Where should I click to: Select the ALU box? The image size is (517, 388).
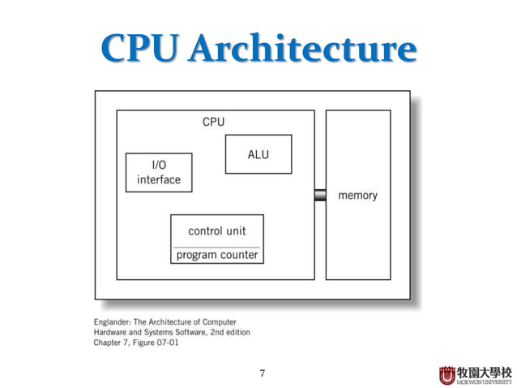pyautogui.click(x=258, y=154)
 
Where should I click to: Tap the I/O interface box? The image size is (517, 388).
pyautogui.click(x=159, y=172)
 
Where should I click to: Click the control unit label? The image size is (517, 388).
pyautogui.click(x=216, y=231)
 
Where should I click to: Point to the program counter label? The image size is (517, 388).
pyautogui.click(x=216, y=255)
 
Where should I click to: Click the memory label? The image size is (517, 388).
pyautogui.click(x=357, y=196)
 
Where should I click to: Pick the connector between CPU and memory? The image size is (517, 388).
pyautogui.click(x=320, y=195)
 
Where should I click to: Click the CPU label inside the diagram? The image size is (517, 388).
pyautogui.click(x=213, y=122)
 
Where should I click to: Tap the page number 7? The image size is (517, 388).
pyautogui.click(x=262, y=373)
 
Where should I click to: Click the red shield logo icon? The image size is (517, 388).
pyautogui.click(x=447, y=374)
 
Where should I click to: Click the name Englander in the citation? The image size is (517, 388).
pyautogui.click(x=114, y=322)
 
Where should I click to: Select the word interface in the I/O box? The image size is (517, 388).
pyautogui.click(x=159, y=179)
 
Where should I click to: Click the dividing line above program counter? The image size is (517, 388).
pyautogui.click(x=216, y=247)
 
